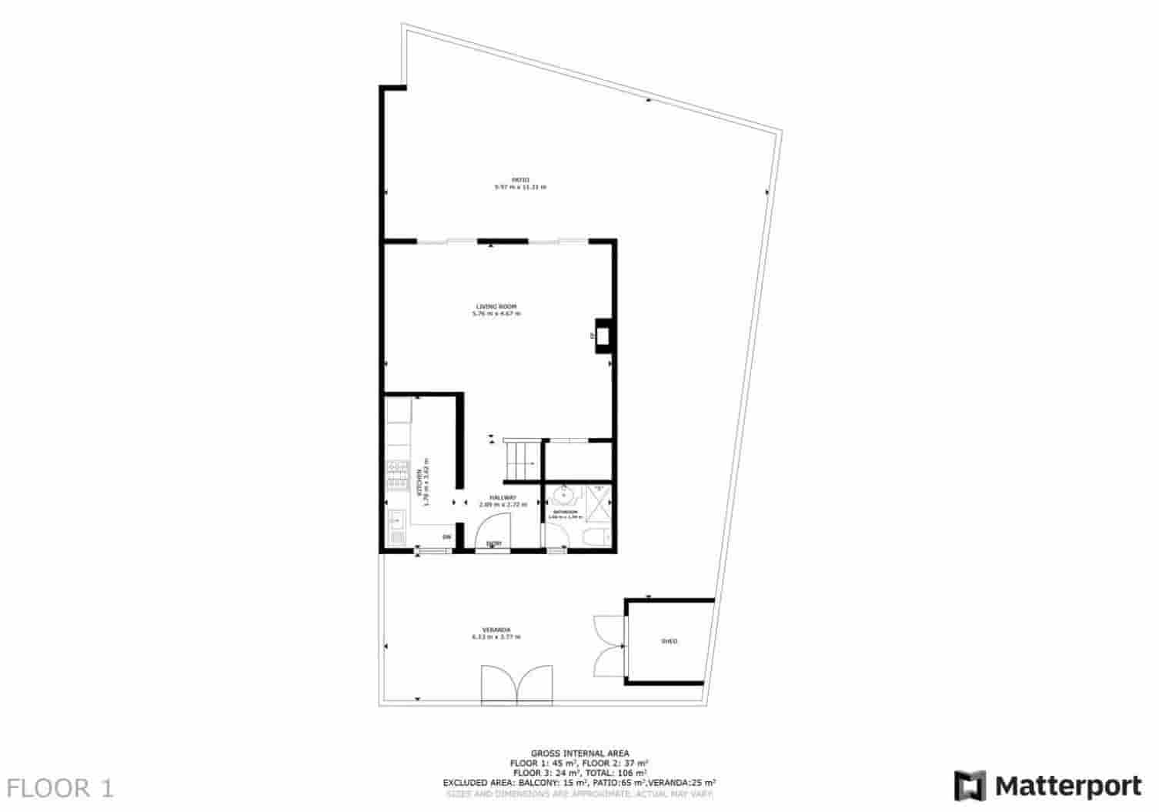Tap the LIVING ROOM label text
496,307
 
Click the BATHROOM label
564,512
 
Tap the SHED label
670,641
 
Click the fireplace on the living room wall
604,336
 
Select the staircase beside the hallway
522,459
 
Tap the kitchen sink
396,520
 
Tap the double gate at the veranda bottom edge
517,684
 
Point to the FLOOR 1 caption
60,788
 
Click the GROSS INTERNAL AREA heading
579,753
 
